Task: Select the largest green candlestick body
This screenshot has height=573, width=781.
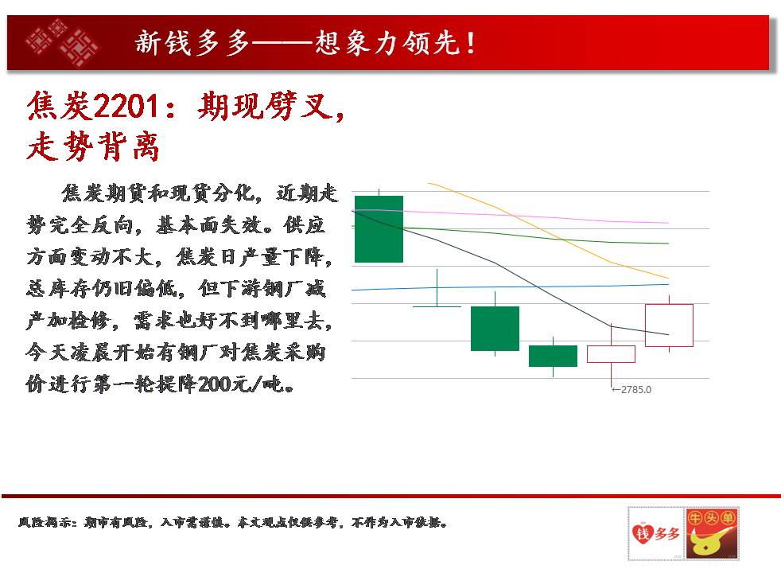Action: pyautogui.click(x=379, y=228)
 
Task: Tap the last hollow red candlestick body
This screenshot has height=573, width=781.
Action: pyautogui.click(x=669, y=325)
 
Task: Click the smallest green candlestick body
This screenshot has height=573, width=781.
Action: pyautogui.click(x=553, y=356)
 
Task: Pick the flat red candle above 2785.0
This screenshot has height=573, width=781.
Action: pyautogui.click(x=611, y=354)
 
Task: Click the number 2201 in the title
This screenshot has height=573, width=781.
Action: pyautogui.click(x=126, y=106)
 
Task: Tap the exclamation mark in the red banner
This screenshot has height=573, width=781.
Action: pyautogui.click(x=471, y=43)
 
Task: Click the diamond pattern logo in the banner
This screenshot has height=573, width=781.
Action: pyautogui.click(x=63, y=43)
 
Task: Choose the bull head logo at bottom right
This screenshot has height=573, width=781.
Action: pyautogui.click(x=711, y=534)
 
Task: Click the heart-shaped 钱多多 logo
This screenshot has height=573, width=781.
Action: pyautogui.click(x=655, y=534)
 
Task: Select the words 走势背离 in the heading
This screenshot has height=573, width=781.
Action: pyautogui.click(x=93, y=146)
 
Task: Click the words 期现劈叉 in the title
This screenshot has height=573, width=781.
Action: pyautogui.click(x=265, y=106)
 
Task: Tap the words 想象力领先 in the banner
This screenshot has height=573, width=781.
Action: pyautogui.click(x=387, y=43)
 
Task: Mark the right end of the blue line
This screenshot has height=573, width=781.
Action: pyautogui.click(x=668, y=284)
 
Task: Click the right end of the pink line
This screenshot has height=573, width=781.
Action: pyautogui.click(x=668, y=223)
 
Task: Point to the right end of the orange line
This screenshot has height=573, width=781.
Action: pyautogui.click(x=668, y=278)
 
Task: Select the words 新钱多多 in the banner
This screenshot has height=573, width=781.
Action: pyautogui.click(x=192, y=43)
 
